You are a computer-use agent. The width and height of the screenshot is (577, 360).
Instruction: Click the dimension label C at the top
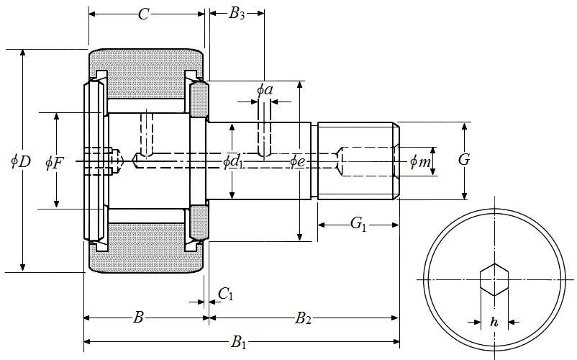144,14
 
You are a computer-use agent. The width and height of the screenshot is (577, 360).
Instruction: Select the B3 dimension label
237,14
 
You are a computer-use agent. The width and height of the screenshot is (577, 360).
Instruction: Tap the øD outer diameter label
20,161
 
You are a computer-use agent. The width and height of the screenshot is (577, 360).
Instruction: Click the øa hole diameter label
265,89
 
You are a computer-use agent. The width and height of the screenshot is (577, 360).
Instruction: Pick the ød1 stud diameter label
232,161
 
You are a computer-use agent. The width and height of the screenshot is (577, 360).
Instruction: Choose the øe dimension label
299,161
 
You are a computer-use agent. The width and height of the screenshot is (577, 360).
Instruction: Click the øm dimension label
420,162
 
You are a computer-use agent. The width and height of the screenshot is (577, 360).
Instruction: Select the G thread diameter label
464,160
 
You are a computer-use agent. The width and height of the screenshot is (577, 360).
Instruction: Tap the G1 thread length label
358,225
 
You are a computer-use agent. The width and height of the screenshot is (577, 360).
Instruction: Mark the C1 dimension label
225,293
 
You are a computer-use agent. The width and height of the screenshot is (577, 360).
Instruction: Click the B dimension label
140,318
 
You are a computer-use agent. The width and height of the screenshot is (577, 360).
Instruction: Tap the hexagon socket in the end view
494,279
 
